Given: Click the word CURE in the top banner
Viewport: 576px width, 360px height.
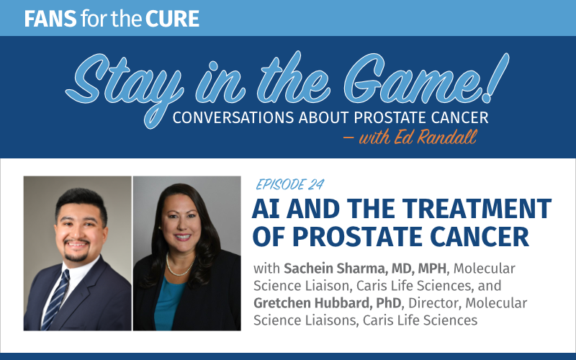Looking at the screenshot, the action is [x=172, y=19].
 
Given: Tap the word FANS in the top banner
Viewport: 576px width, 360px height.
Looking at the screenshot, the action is [x=50, y=19].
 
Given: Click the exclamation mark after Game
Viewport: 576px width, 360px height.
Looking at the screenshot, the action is [x=495, y=78].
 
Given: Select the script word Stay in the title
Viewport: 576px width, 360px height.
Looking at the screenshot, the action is [x=125, y=83].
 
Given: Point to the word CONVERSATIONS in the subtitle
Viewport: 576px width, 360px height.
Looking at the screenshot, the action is [x=233, y=117].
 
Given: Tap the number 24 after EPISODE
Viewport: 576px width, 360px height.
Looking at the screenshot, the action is [x=315, y=184].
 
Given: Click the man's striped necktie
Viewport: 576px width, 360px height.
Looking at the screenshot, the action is [x=55, y=300].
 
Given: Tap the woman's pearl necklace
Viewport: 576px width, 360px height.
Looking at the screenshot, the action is [x=180, y=265].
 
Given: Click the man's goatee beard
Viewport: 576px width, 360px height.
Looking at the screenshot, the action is [x=76, y=253].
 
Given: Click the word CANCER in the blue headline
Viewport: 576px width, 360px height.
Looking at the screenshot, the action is [x=480, y=236].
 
